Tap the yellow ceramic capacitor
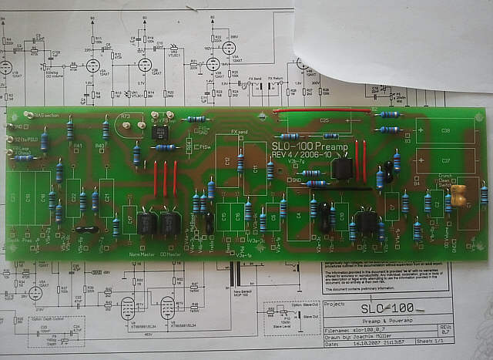459,195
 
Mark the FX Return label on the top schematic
277,78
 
